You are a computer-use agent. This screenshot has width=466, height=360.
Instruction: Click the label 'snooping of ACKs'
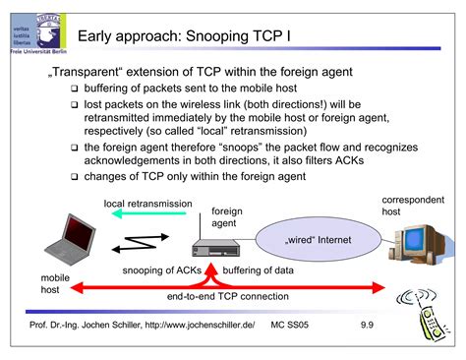162,270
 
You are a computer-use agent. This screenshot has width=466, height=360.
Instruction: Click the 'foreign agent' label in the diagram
227,216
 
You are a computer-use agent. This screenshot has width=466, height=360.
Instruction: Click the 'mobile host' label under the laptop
55,284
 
